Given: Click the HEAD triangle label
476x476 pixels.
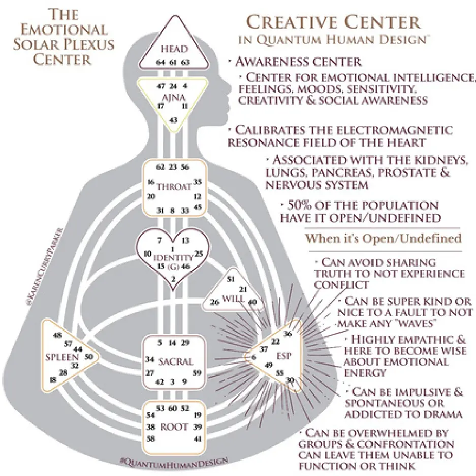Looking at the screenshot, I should [x=174, y=49].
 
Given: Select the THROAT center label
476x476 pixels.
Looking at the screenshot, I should [x=174, y=186].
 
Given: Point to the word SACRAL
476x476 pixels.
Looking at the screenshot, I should [x=175, y=362].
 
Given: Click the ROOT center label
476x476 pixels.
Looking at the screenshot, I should [x=174, y=427].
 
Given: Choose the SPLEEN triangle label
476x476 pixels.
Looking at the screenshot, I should [x=61, y=356].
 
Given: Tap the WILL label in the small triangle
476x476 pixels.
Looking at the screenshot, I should [x=232, y=298].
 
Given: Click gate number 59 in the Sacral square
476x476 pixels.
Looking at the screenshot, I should [x=198, y=373].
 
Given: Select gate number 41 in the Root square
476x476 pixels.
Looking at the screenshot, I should [x=198, y=438].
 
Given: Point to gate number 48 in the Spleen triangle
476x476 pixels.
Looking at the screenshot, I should [x=57, y=334].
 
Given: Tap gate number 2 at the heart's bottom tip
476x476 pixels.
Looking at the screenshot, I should [x=174, y=279].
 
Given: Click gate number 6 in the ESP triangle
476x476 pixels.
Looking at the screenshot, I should [x=253, y=357].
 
